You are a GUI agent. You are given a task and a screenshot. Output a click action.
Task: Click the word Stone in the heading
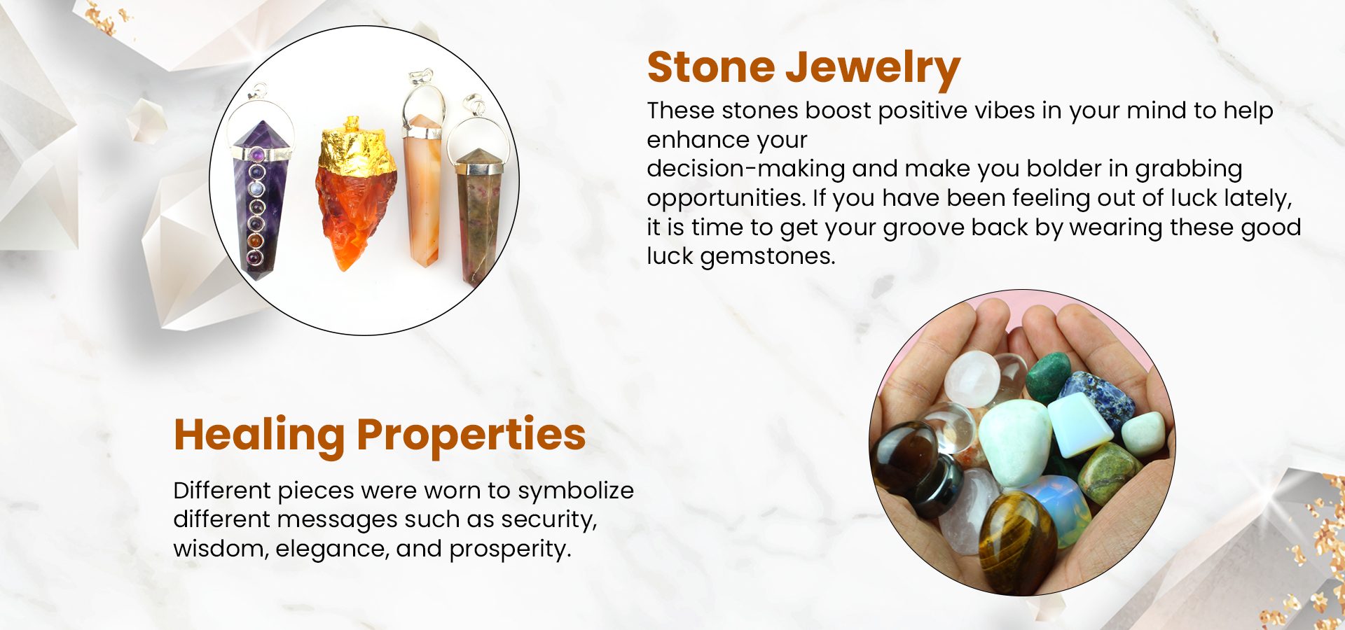pos(711,67)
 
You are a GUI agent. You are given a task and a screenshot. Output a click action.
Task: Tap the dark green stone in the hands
pos(1049,378)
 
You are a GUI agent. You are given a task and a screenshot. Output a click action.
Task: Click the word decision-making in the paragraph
pos(746,169)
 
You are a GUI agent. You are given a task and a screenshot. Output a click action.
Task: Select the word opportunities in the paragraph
pos(725,199)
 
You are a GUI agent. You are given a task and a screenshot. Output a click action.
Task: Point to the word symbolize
pos(576,491)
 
